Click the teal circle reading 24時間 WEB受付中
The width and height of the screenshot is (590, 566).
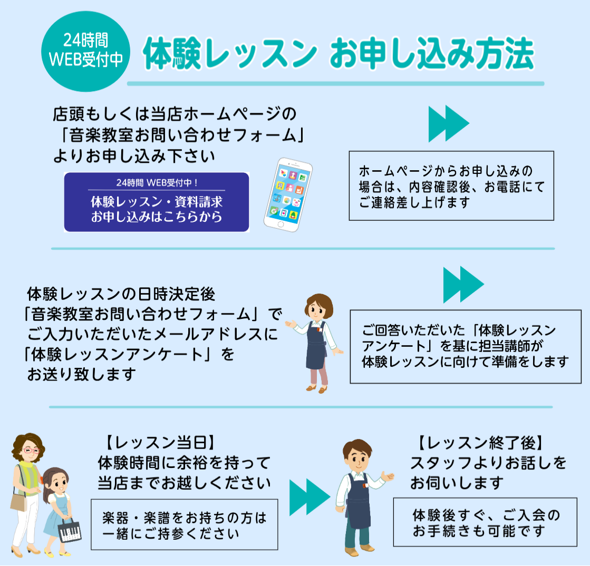86,51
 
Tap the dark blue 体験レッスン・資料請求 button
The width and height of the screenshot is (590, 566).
157,202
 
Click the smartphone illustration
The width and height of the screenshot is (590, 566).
288,194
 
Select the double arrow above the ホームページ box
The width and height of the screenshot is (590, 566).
449,123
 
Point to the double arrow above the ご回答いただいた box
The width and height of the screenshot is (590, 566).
463,285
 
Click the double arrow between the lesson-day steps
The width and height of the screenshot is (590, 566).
309,497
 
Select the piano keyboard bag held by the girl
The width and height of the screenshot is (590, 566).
70,530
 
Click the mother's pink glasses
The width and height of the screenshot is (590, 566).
31,451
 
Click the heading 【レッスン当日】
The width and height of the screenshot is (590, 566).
160,443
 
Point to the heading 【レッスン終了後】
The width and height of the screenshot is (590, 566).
480,443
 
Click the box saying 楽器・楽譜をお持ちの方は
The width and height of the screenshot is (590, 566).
185,525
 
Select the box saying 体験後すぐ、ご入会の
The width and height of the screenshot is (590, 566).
485,522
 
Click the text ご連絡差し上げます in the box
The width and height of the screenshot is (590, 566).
414,203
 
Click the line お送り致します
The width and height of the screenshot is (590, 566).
82,374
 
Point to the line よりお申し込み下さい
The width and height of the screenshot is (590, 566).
134,156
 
